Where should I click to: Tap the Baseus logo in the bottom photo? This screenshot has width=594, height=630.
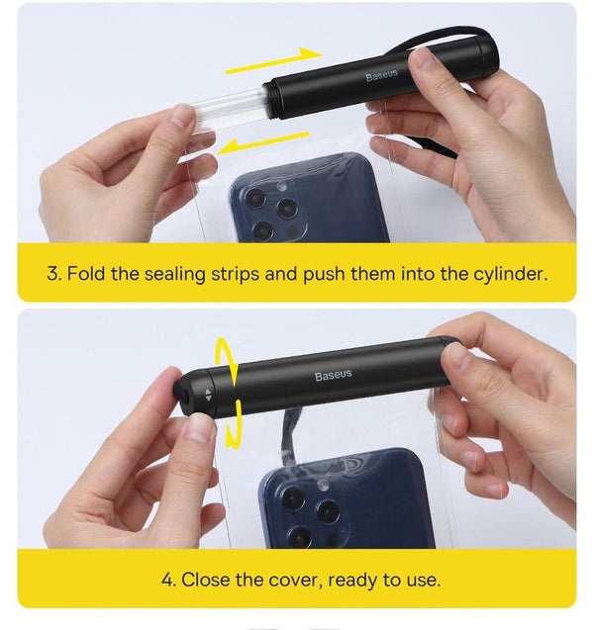(333, 376)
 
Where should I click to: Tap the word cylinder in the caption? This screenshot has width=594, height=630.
(506, 272)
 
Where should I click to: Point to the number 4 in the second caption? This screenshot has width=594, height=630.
(165, 579)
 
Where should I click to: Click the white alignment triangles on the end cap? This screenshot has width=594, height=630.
(207, 394)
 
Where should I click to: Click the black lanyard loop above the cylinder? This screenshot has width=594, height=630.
(450, 35)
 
